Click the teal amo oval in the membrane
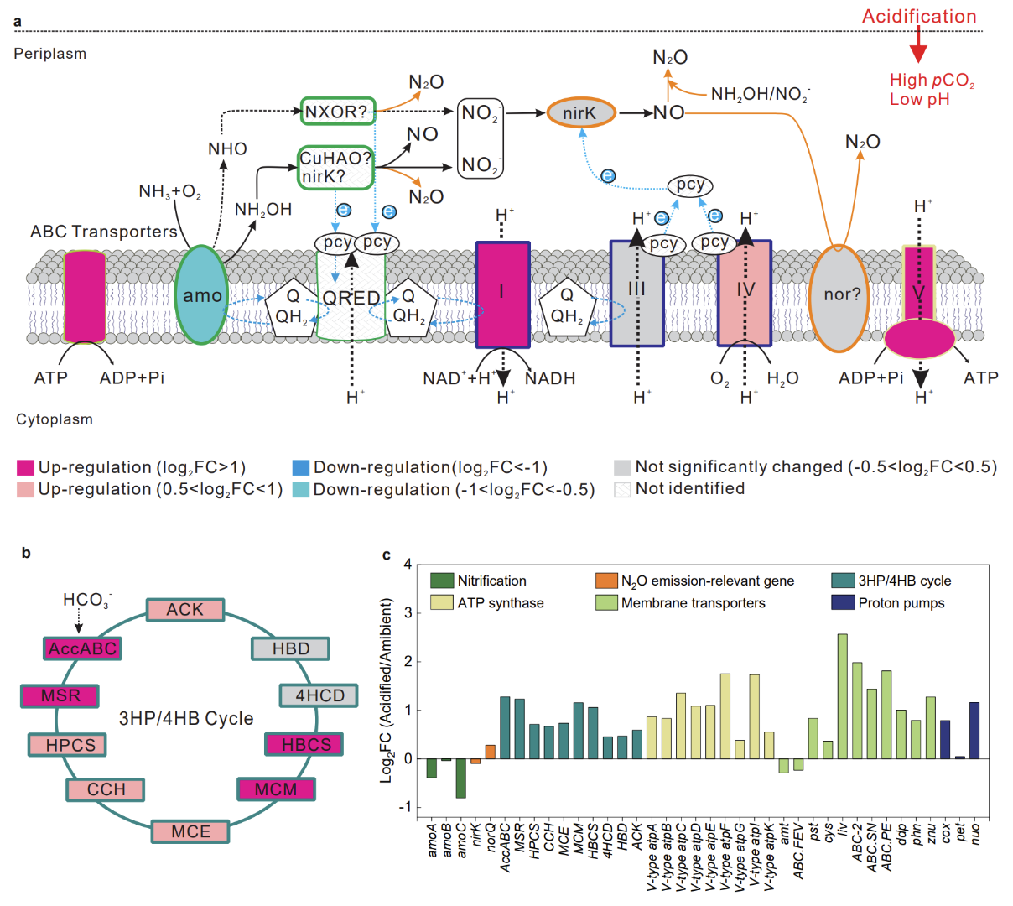pos(201,294)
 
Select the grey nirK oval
pos(581,112)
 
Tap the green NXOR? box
pos(337,112)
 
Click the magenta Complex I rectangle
pos(502,294)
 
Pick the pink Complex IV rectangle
pos(745,293)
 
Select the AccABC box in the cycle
pos(82,648)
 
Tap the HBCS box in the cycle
pos(305,744)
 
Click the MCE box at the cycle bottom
pos(190,831)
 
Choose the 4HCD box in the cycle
pos(319,695)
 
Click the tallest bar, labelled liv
pos(842,696)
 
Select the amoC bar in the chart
pos(461,778)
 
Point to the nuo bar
pos(974,730)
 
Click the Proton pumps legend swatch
pos(842,602)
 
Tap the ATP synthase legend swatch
pos(441,602)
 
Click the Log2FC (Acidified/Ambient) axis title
pos(387,690)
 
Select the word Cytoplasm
pos(55,419)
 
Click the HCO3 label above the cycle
pos(86,601)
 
